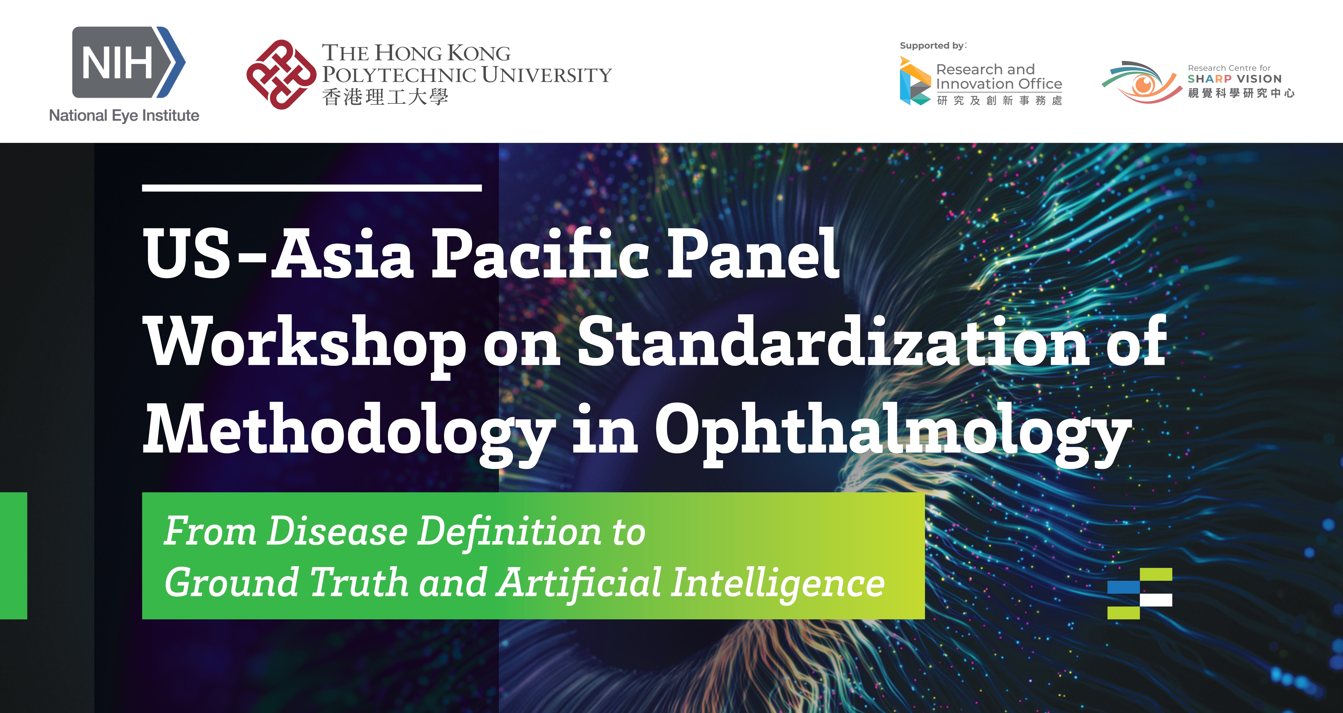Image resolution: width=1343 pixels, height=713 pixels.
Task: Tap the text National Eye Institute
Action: [124, 115]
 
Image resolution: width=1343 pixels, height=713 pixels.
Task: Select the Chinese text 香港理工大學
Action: [385, 97]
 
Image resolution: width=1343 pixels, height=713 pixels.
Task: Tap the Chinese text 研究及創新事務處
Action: [999, 101]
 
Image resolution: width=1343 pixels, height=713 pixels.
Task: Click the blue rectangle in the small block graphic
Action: [1124, 587]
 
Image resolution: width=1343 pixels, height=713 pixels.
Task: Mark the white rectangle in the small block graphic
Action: [1156, 600]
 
